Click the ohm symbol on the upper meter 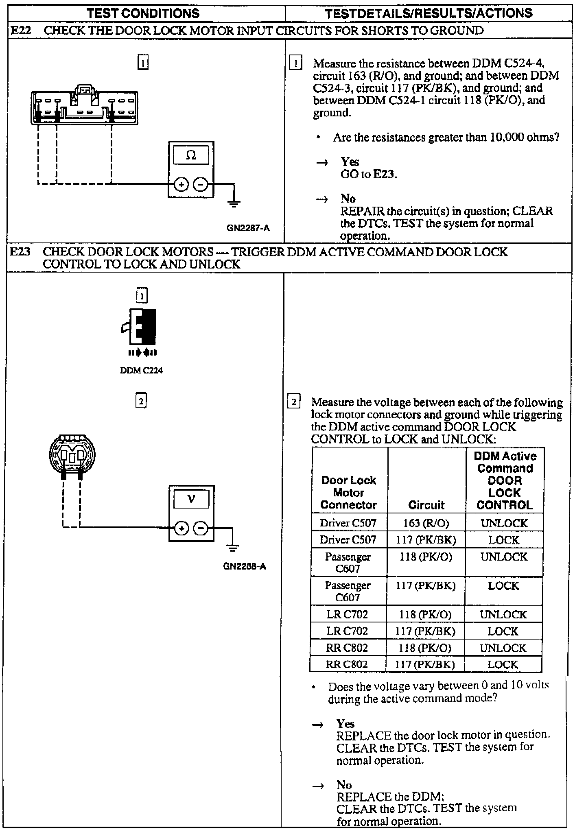tap(191, 155)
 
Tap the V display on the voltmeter tap(191, 499)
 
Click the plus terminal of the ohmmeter tap(181, 185)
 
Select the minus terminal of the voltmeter tap(201, 528)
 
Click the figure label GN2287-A tap(248, 228)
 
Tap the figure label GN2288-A tap(245, 566)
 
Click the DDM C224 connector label tap(141, 370)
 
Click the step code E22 tap(20, 31)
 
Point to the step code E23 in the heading tap(20, 252)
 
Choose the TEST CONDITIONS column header tap(143, 13)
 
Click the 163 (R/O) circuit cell tap(426, 523)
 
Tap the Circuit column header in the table tap(426, 505)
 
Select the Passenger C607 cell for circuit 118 tap(348, 562)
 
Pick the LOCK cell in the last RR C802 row tap(503, 664)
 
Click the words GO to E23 tap(369, 174)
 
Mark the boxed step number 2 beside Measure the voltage tap(294, 402)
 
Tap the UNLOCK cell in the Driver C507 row tap(504, 523)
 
